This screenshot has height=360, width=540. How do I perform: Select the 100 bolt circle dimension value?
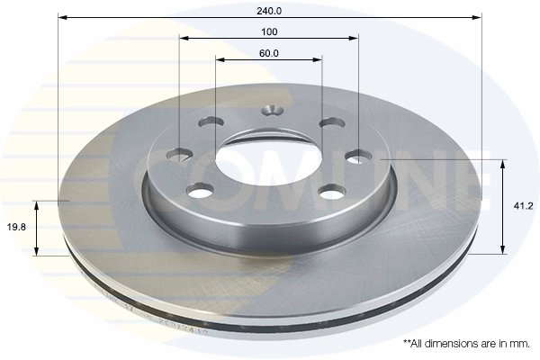[x=269, y=31]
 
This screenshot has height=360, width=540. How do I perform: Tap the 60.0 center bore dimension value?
[x=269, y=53]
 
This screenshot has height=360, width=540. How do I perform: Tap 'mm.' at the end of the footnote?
[x=520, y=343]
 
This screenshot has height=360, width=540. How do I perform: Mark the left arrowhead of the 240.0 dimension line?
[x=62, y=17]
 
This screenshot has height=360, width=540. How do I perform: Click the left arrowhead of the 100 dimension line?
[x=184, y=39]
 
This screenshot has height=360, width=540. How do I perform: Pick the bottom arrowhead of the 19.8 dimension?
[x=37, y=252]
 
